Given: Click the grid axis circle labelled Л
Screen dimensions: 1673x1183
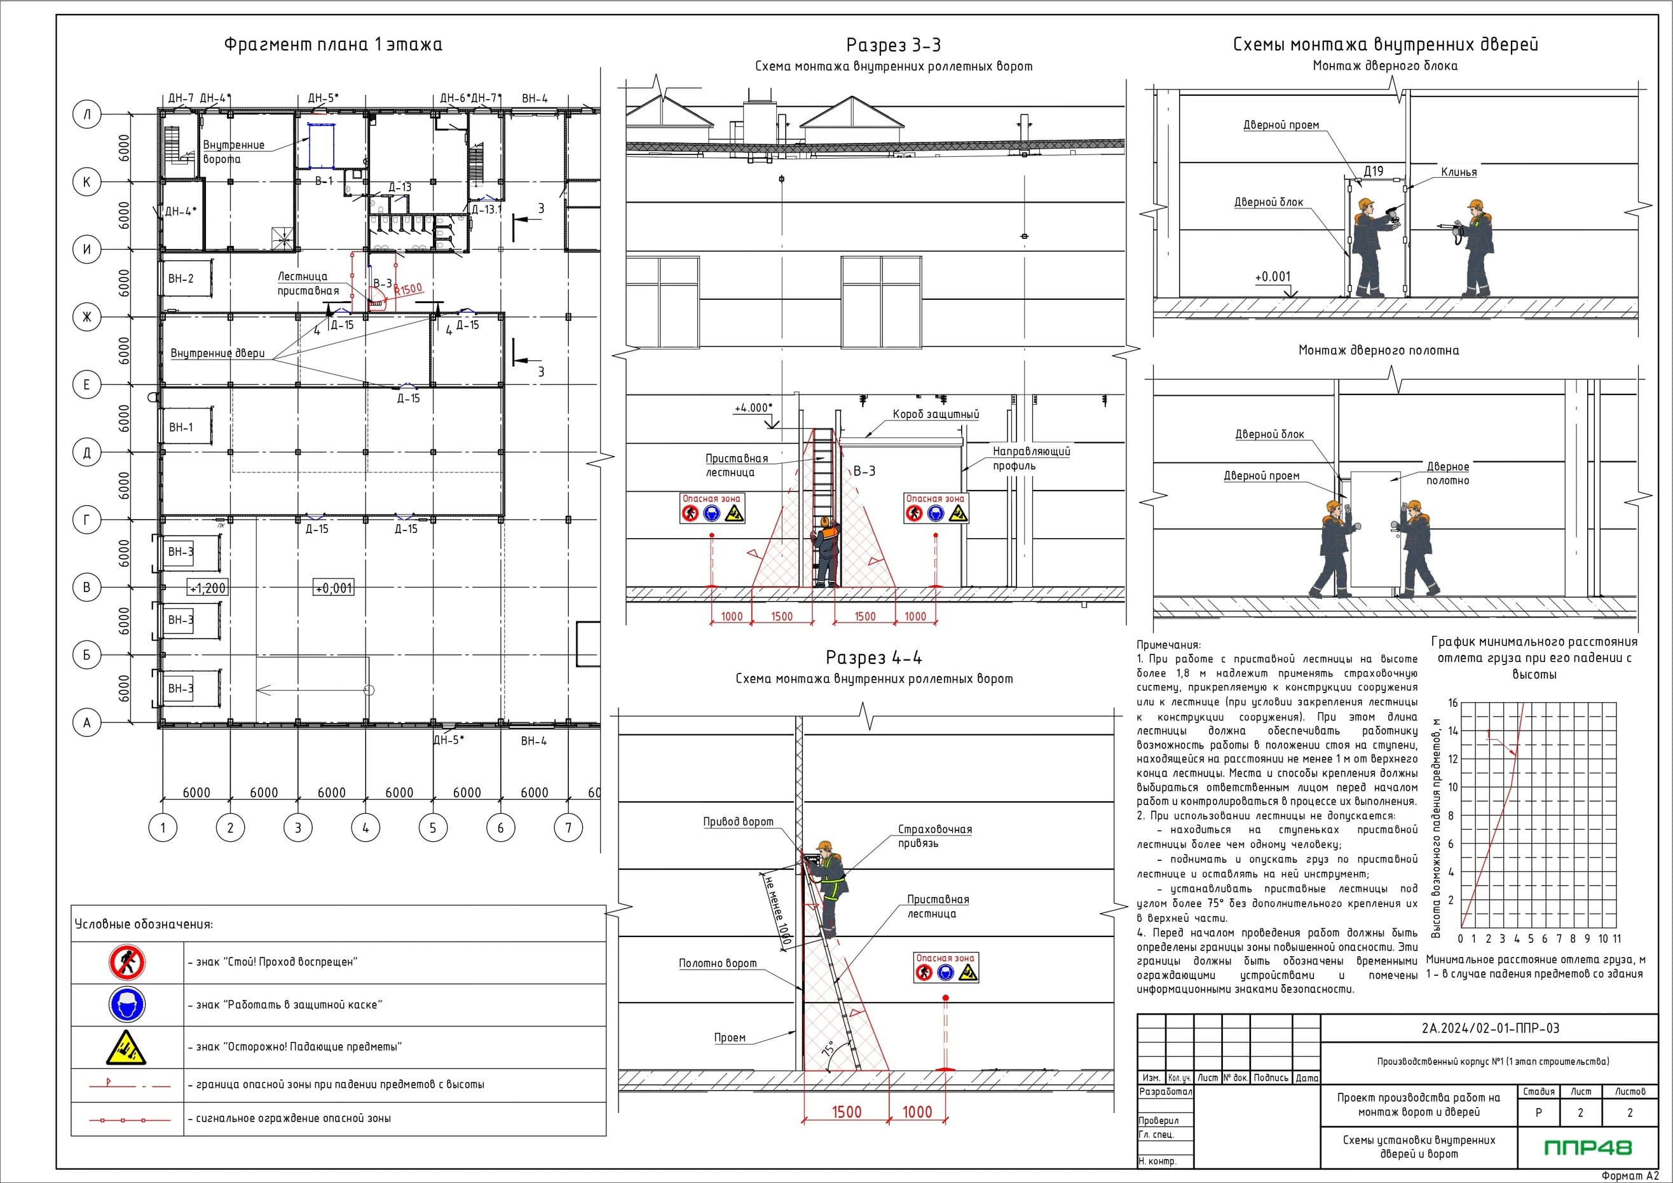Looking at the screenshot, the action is pos(86,114).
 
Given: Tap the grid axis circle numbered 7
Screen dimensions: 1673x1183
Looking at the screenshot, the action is pos(568,827).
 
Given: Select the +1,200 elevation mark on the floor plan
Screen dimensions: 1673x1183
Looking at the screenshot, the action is pos(208,588).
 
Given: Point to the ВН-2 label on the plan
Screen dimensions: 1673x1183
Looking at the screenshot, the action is pos(181,278).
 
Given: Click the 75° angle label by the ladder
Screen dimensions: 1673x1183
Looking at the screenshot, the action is pos(828,1050).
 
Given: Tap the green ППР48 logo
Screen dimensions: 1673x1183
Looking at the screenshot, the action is pos(1588,1147).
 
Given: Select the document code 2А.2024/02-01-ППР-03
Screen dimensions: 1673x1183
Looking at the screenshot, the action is pos(1491,1029).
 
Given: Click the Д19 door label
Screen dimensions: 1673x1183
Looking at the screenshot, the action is pos(1374,171).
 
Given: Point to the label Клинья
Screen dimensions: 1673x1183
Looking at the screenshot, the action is pos(1459,173).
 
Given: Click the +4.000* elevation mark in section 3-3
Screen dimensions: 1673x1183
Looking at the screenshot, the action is pos(753,408).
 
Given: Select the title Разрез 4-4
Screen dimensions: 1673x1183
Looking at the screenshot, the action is pos(873,658).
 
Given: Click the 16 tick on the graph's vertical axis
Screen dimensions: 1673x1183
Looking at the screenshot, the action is pos(1453,703).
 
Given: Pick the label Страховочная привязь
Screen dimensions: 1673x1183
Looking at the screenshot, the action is pos(935,836).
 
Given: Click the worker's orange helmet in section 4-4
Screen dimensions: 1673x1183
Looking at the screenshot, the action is pos(825,846).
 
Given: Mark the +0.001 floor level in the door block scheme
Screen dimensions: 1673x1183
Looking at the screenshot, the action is pos(1273,277).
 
